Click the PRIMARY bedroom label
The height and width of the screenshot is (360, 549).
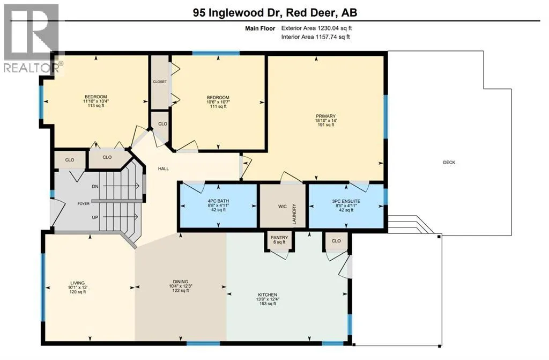tap(325, 116)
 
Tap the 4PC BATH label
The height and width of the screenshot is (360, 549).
tap(218, 201)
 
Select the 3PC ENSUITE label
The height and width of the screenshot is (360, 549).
tap(346, 201)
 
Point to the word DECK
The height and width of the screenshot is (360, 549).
tap(449, 163)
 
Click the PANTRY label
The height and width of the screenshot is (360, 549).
tap(279, 238)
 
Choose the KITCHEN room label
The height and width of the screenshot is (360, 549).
tap(268, 295)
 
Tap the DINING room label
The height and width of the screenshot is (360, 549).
tap(180, 282)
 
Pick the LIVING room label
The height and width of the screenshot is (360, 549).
tap(77, 283)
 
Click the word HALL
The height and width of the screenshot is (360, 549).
tap(163, 168)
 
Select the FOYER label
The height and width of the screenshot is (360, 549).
tap(83, 204)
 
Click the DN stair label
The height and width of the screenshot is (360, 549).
tap(95, 187)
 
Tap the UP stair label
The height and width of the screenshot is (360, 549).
tap(95, 217)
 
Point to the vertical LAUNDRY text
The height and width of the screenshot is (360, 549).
tap(294, 214)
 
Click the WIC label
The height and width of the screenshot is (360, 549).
tap(282, 207)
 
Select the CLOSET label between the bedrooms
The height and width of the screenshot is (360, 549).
tap(160, 82)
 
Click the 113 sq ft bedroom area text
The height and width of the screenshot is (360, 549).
tap(95, 106)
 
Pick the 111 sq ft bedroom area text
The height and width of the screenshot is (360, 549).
tap(218, 106)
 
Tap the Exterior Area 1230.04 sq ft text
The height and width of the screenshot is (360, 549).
tap(316, 28)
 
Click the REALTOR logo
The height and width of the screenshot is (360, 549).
tap(32, 38)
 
